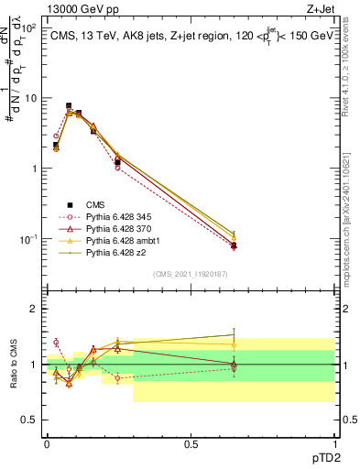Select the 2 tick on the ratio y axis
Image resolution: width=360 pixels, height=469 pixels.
tap(34, 309)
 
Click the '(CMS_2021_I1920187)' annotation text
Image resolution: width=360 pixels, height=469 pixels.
tap(190, 274)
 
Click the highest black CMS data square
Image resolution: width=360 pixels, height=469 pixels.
tap(69, 106)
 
